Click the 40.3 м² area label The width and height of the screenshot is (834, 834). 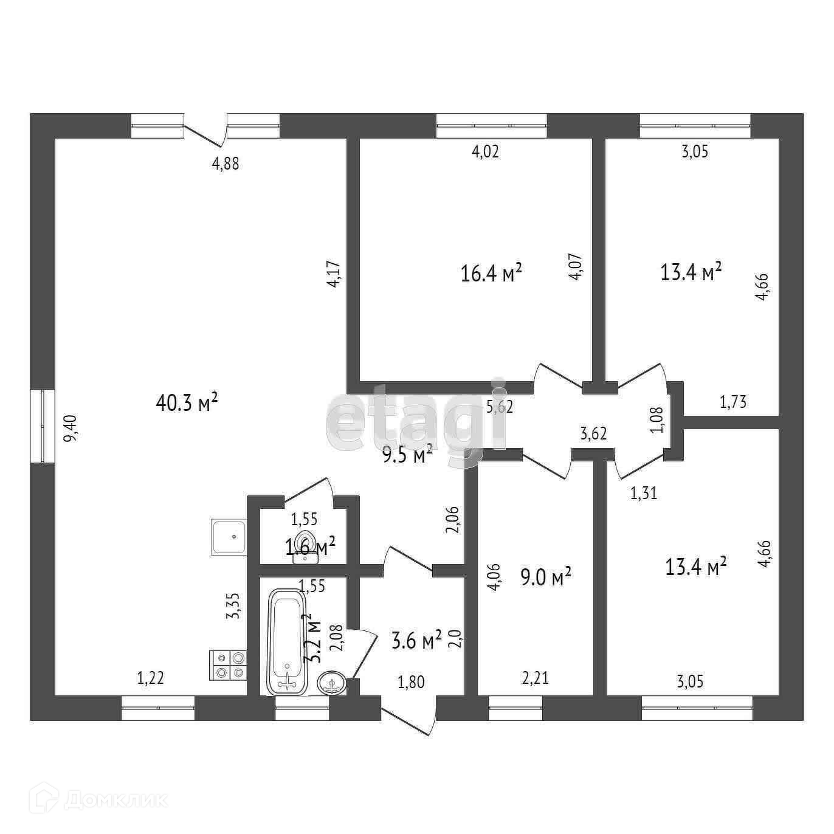[187, 402]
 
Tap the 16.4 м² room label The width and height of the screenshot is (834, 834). [492, 274]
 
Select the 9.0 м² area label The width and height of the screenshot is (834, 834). [546, 576]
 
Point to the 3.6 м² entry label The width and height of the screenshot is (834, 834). [416, 641]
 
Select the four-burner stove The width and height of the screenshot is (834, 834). [228, 665]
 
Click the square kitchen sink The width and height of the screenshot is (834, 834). [229, 537]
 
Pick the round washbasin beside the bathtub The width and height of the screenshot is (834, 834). [332, 683]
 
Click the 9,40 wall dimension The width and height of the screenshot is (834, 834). [71, 428]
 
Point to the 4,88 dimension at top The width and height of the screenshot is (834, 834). [225, 164]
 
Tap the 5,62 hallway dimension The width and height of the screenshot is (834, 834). [500, 407]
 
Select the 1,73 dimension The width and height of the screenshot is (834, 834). [732, 402]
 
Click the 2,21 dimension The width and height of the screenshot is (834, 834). [536, 678]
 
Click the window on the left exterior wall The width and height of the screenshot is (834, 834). [43, 426]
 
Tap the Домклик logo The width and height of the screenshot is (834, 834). [109, 799]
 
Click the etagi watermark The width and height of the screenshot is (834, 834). [417, 413]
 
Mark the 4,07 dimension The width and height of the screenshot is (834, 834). [576, 266]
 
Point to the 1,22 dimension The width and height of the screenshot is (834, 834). [150, 678]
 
